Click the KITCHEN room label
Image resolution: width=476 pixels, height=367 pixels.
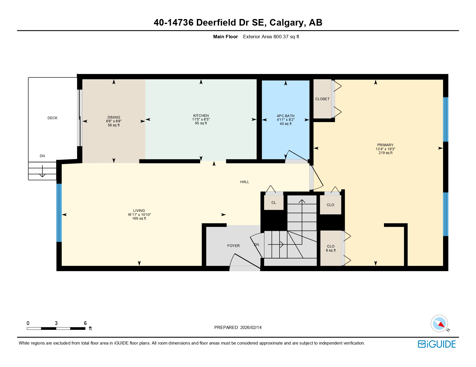click(x=201, y=116)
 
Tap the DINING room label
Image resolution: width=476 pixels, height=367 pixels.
click(x=114, y=117)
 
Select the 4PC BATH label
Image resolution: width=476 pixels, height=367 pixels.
click(x=285, y=116)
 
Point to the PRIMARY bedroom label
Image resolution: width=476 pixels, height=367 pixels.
click(x=385, y=145)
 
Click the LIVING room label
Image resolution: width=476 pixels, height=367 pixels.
click(x=139, y=211)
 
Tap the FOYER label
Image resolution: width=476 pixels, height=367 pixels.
click(x=233, y=246)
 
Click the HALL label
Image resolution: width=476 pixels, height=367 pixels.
click(x=244, y=182)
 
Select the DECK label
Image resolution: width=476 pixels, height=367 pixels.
click(x=53, y=118)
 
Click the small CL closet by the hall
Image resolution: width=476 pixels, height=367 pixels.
click(x=273, y=203)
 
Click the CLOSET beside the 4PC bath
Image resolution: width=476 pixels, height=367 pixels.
click(x=322, y=99)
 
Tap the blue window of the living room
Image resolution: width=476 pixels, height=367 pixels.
click(x=59, y=213)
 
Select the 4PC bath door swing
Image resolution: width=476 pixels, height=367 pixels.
click(x=296, y=156)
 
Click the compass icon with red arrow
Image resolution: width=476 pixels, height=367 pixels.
click(x=439, y=324)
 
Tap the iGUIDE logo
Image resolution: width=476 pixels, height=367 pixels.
click(x=437, y=344)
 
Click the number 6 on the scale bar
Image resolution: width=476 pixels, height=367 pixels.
click(x=85, y=323)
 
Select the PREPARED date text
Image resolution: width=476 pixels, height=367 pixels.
click(x=238, y=328)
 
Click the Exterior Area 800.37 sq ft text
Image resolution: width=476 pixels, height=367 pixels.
click(x=271, y=37)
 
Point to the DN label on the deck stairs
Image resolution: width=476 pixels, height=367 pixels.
click(x=42, y=156)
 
